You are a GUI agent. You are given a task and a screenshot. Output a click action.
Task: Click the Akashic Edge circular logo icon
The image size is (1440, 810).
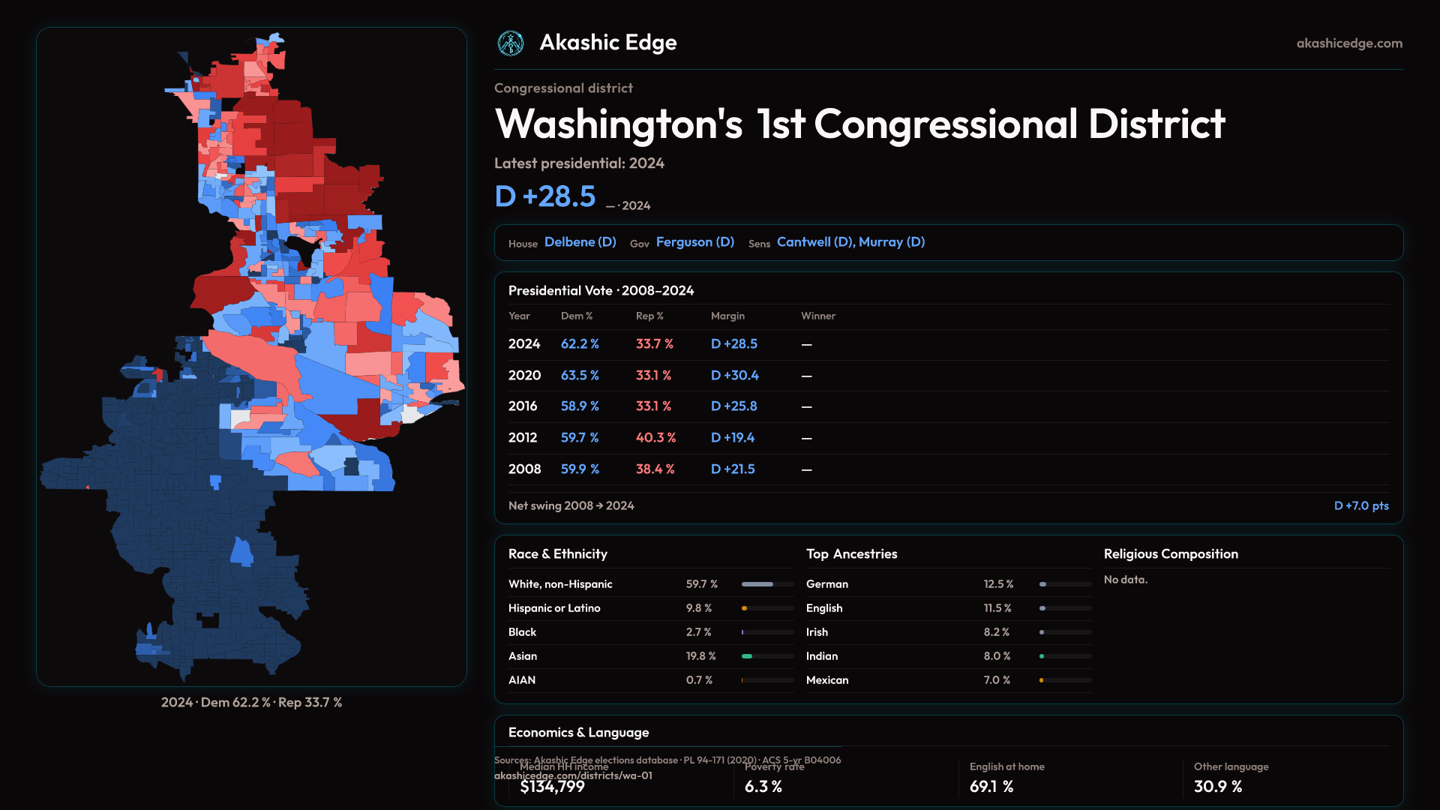511,43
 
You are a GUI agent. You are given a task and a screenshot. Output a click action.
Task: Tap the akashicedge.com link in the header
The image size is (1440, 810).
1349,43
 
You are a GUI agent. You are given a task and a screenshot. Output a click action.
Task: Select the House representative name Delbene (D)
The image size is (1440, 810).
580,242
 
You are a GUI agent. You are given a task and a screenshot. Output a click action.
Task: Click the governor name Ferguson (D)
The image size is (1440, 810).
694,242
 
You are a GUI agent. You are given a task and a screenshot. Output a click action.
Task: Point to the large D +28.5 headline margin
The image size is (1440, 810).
545,196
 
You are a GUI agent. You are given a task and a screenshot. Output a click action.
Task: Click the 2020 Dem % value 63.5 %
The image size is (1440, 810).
580,375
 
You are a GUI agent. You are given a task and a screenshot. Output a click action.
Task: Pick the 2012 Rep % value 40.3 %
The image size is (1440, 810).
655,437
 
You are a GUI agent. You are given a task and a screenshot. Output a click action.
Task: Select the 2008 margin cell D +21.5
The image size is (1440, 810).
733,469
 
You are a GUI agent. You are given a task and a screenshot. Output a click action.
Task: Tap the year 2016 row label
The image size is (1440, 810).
523,406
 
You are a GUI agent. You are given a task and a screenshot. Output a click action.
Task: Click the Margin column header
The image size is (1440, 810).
727,316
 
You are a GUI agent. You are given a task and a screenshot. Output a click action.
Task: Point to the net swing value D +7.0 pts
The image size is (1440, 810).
1360,505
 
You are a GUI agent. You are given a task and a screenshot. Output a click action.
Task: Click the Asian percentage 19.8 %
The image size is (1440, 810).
700,656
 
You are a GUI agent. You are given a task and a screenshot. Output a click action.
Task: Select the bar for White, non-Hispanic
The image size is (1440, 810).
767,584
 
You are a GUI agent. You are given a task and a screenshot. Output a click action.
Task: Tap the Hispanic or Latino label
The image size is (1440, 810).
554,608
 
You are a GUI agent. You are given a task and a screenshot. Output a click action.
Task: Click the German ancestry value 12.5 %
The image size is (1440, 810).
998,584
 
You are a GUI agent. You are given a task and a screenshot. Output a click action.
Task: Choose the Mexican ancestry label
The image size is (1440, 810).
827,680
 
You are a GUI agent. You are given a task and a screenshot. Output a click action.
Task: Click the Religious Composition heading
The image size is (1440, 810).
1171,554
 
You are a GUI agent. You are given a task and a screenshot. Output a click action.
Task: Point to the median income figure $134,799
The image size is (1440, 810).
552,787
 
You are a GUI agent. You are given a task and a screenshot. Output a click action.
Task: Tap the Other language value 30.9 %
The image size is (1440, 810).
1218,787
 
